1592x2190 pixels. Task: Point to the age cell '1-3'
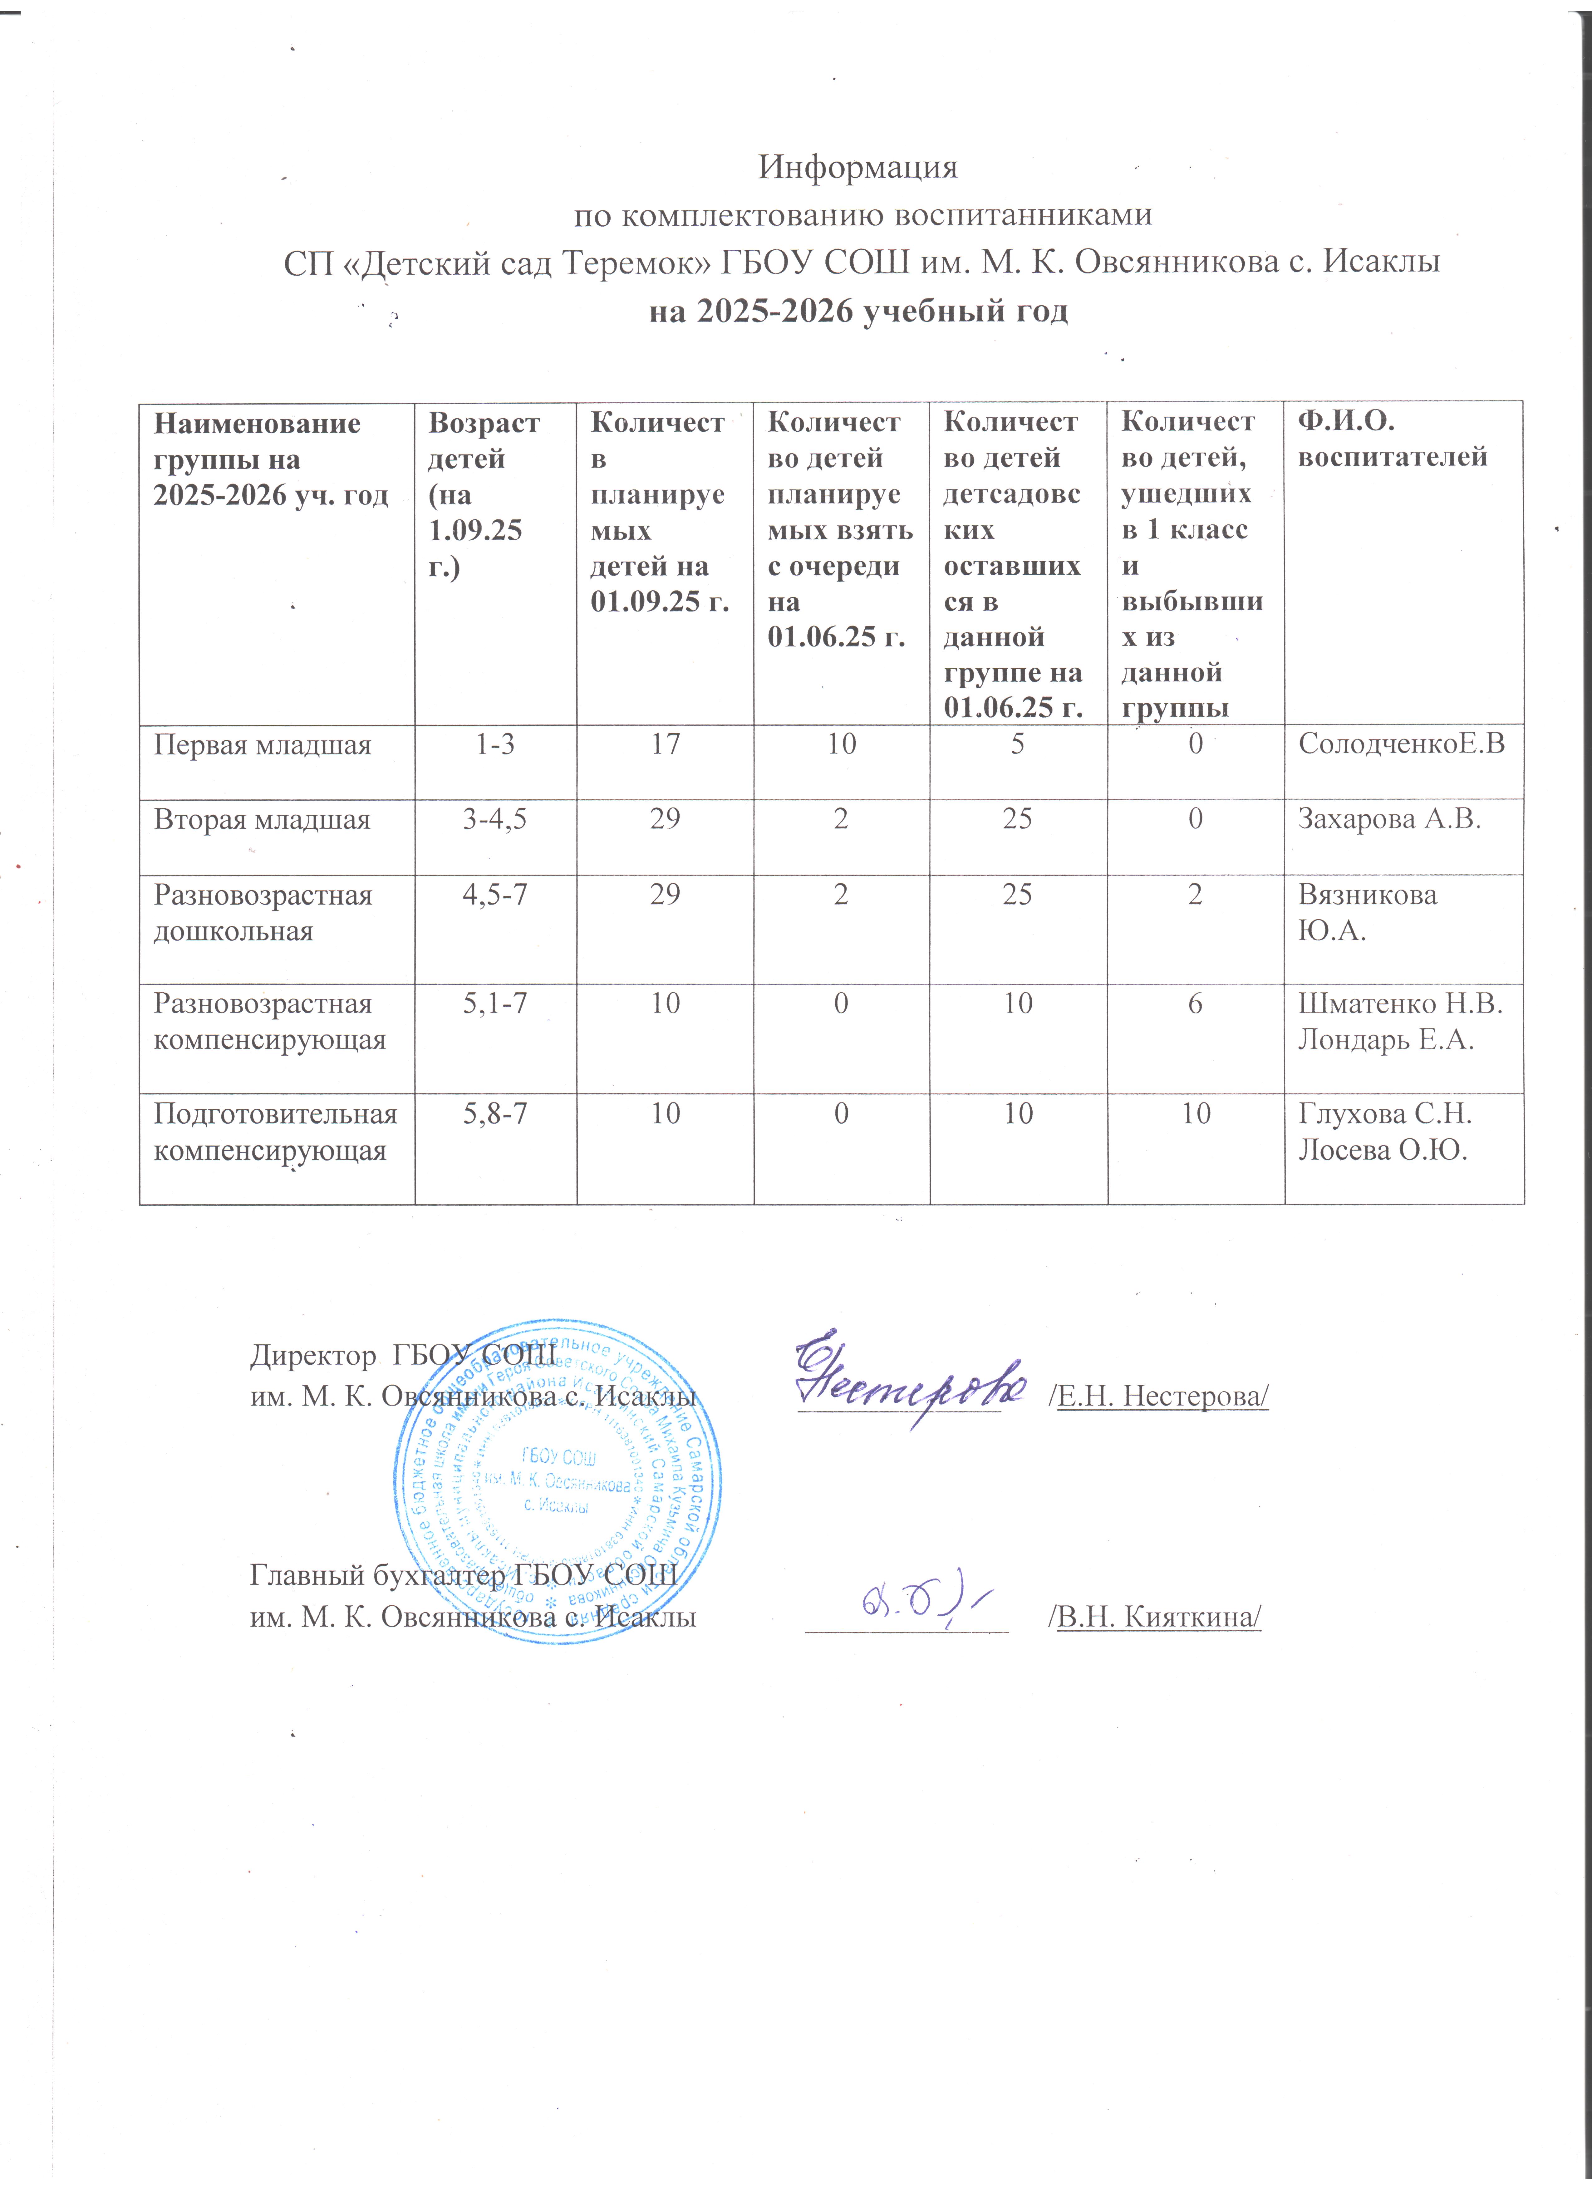pos(496,744)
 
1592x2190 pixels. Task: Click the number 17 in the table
pos(665,744)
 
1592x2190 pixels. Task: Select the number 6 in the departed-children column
pos(1195,1004)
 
